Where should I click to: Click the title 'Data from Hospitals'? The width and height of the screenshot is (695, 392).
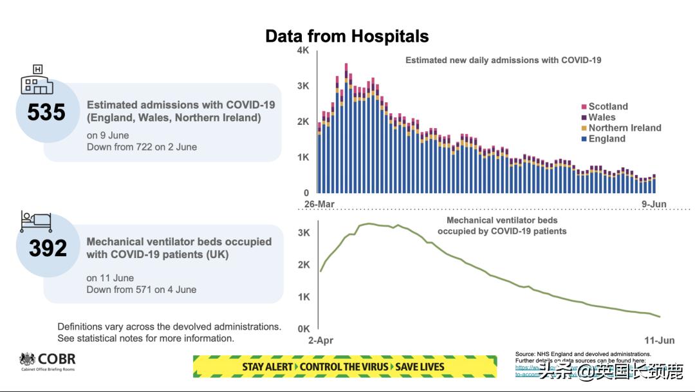tap(347, 36)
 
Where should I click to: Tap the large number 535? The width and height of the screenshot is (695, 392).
tap(46, 113)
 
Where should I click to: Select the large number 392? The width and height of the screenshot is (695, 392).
tap(48, 248)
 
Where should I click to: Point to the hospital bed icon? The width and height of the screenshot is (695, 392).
tap(36, 221)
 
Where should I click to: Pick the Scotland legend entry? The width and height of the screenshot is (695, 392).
tap(607, 107)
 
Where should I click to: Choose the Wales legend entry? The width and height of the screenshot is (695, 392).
tap(602, 117)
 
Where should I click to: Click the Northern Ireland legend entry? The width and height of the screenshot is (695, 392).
tap(624, 128)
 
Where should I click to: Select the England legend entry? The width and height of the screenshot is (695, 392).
tap(606, 138)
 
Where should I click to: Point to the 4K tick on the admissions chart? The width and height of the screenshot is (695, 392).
tap(303, 51)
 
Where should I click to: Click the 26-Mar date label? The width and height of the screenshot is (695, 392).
tap(320, 204)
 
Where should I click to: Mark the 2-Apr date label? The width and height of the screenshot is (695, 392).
tap(320, 339)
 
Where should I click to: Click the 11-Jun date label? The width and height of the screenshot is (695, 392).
tap(659, 339)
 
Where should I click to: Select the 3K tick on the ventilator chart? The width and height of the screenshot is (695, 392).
tap(304, 233)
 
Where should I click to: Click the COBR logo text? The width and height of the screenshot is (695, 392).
tap(57, 359)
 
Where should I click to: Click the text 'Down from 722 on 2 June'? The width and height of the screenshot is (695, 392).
tap(142, 147)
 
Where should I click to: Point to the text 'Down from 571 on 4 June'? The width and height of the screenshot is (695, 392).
tap(142, 290)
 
